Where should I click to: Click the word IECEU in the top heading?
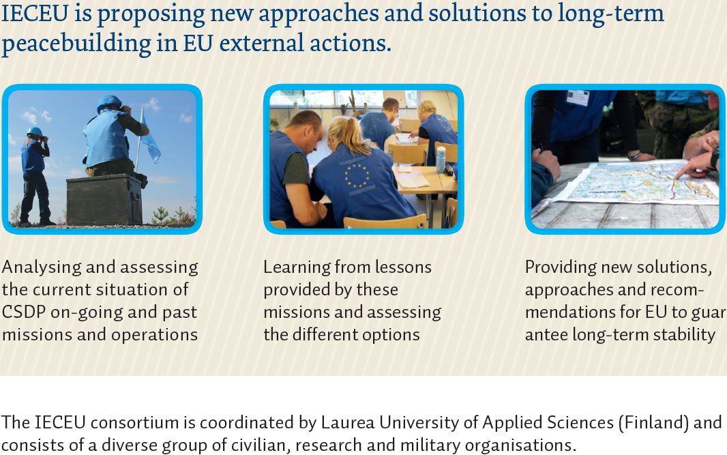point(35,14)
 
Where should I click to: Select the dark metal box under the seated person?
point(104,199)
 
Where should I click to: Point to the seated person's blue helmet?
point(109,102)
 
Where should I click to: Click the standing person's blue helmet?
point(34,132)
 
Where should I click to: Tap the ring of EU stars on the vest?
point(357,176)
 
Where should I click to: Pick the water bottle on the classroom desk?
point(441,159)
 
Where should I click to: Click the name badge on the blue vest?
point(577,98)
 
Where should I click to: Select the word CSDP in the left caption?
point(24,312)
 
